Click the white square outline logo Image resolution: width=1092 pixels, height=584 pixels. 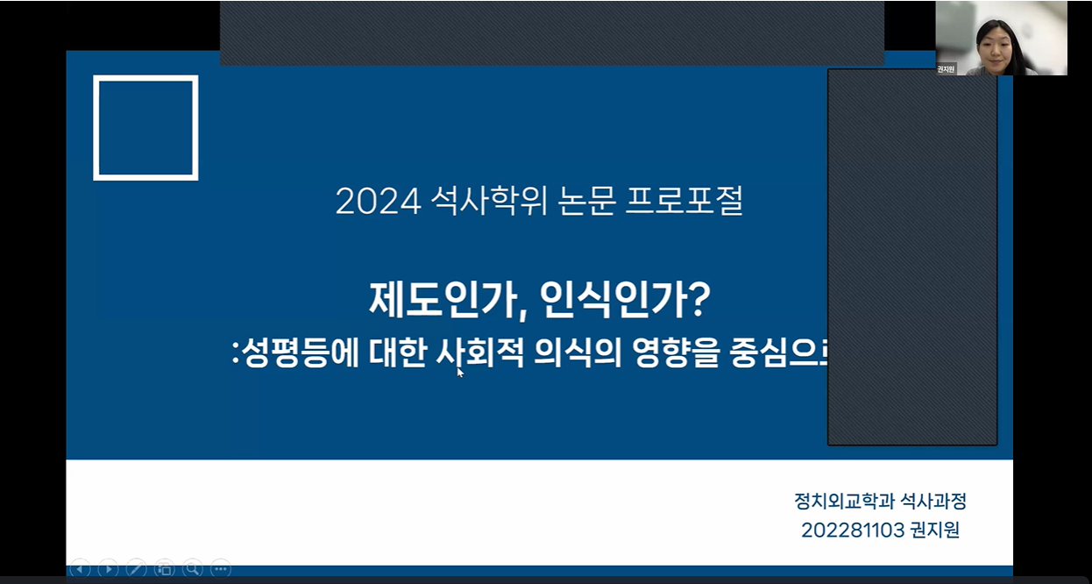click(x=145, y=128)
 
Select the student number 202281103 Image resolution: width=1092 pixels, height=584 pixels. click(x=854, y=531)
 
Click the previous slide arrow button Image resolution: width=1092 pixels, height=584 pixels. click(x=80, y=568)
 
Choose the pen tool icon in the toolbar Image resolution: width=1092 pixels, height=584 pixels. click(x=136, y=568)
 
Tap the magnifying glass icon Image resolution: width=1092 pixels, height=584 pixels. click(x=192, y=568)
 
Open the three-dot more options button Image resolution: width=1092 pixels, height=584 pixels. click(x=220, y=568)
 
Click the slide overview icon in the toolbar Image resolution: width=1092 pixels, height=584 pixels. click(x=164, y=568)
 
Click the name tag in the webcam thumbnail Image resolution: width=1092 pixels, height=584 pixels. click(x=946, y=68)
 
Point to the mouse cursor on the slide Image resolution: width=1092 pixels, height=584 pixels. click(x=460, y=372)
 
